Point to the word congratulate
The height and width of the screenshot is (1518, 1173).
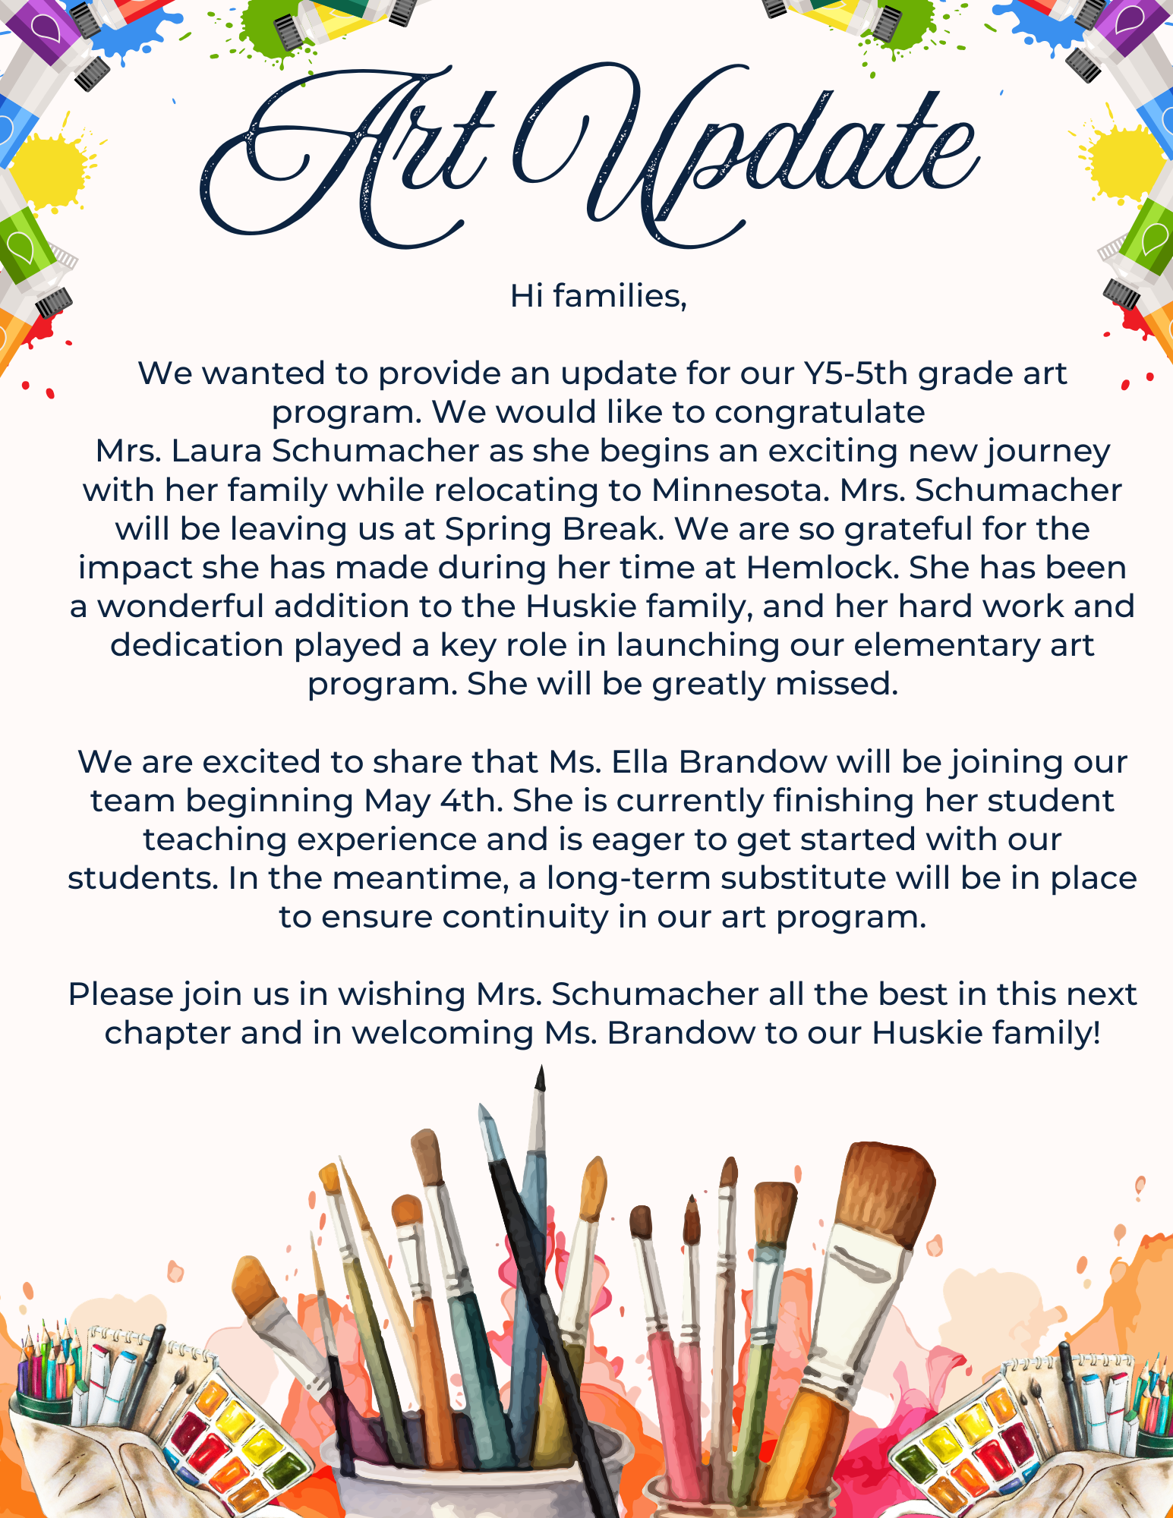(x=819, y=412)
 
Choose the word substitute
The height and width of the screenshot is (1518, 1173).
(x=803, y=878)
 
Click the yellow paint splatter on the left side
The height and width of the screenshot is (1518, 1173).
(x=50, y=172)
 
